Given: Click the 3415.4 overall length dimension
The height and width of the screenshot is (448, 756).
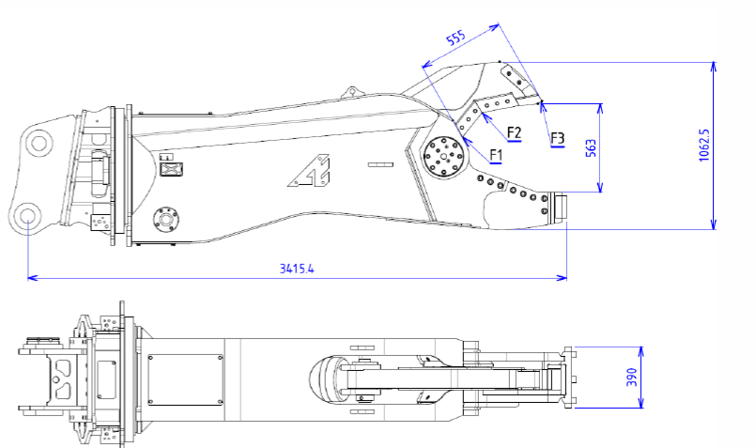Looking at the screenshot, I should point(296,269).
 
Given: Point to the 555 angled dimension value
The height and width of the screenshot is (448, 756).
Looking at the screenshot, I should point(455,39).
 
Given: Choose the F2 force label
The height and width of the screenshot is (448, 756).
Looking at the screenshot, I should point(514,132).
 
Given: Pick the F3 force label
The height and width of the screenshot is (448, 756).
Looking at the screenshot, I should point(558,139).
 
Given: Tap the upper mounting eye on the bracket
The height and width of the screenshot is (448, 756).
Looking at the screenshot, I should point(39,144).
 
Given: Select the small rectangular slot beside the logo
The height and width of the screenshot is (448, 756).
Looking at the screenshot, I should point(379,165).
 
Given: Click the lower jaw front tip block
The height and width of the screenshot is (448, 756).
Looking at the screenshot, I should point(561,208).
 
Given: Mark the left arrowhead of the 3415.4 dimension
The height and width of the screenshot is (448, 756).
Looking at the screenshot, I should point(31,278).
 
